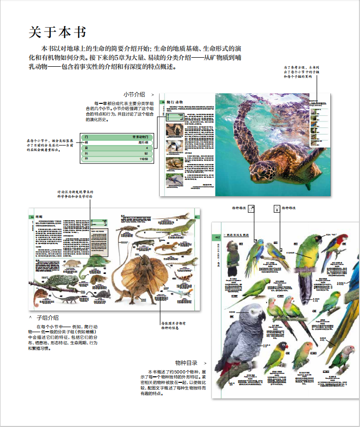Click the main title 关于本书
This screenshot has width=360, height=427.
57,32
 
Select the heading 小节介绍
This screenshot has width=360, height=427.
134,94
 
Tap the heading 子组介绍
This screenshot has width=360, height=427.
48,318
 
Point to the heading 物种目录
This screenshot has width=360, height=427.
186,363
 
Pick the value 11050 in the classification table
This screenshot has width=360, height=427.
143,159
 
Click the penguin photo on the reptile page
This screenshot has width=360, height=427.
173,146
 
